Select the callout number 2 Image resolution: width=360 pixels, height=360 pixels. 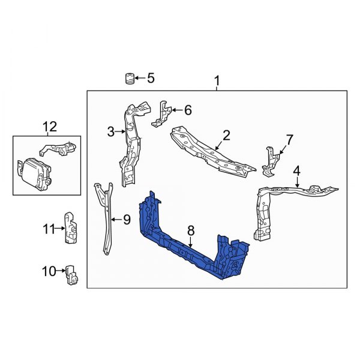click(226, 136)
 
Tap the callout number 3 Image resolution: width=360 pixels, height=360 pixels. click(110, 130)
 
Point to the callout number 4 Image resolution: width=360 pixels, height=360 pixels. click(297, 173)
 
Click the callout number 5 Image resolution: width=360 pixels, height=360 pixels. click(150, 77)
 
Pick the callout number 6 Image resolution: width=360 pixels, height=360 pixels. click(187, 110)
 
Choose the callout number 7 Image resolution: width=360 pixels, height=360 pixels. click(289, 140)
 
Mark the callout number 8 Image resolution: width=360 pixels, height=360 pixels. click(191, 230)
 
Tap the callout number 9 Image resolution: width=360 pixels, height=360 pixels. click(126, 220)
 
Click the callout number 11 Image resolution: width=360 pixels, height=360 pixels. click(48, 228)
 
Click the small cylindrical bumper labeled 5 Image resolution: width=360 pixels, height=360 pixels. click(128, 79)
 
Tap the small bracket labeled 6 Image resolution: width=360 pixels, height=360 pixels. click(160, 113)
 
